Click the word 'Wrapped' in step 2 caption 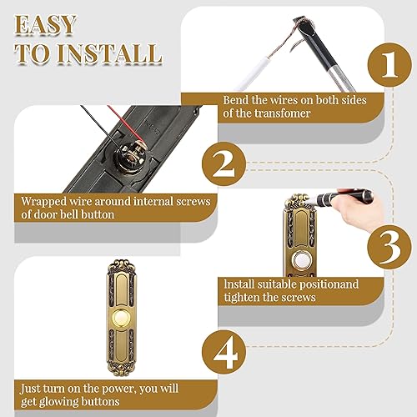pyautogui.click(x=42, y=200)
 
